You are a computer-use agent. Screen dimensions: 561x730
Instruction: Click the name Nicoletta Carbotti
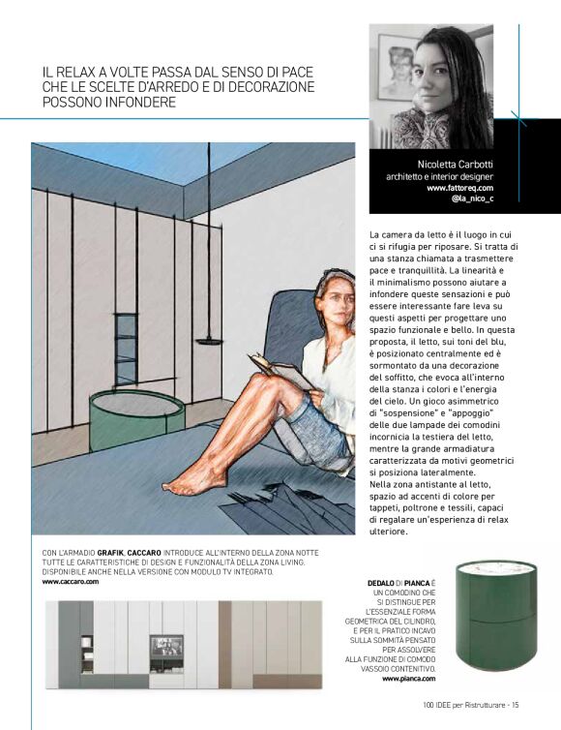456,164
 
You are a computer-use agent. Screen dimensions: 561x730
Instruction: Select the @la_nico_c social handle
472,199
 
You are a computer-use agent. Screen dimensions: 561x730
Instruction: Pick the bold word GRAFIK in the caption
112,553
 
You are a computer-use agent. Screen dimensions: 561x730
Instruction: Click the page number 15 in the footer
516,704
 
